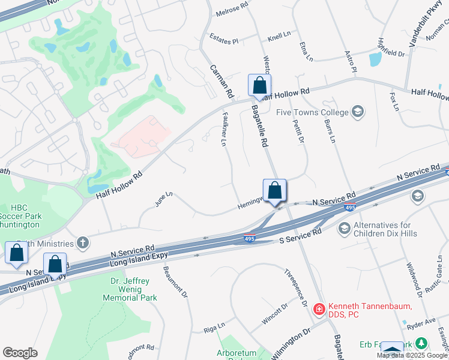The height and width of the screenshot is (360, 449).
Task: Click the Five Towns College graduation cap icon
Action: pos(358,112)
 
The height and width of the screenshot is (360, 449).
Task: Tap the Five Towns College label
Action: pos(312,112)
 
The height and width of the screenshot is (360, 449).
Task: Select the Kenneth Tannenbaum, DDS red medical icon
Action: pos(319,309)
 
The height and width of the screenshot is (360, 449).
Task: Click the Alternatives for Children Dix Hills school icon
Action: pos(345,228)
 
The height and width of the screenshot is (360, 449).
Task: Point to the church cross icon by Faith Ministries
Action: pos(83,243)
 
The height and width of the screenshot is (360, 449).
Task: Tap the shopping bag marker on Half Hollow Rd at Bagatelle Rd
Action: pos(259,86)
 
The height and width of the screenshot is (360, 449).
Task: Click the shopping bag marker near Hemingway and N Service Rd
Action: pos(274,190)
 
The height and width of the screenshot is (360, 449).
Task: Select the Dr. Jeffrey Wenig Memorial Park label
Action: pos(133,289)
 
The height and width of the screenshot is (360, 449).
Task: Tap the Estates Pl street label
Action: pos(224,38)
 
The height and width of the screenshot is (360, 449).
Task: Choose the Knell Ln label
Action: pos(279,37)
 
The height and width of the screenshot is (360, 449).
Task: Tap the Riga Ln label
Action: pos(214,327)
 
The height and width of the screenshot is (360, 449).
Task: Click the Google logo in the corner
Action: pos(20,353)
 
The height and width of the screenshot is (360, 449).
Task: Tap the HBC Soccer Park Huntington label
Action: pos(20,215)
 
